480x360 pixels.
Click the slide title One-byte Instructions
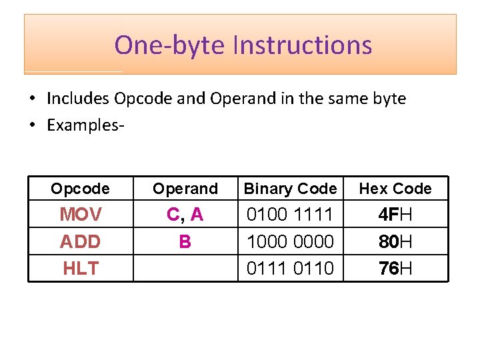[x=243, y=45]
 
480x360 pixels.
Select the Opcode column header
[x=80, y=189]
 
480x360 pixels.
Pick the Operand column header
[x=185, y=189]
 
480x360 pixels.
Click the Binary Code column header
[x=290, y=189]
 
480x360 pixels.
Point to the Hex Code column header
[x=395, y=189]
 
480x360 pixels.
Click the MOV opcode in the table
[x=81, y=215]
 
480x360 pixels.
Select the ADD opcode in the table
[x=80, y=241]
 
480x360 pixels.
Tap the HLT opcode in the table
[x=81, y=268]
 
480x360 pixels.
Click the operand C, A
[x=185, y=215]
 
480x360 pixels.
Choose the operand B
[x=185, y=241]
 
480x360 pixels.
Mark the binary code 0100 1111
[x=290, y=215]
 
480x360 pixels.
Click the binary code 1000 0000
[x=290, y=241]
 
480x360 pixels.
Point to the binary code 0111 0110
[x=290, y=268]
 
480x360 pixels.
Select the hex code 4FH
[x=395, y=215]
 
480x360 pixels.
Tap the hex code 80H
[x=395, y=241]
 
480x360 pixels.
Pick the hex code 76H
[x=395, y=268]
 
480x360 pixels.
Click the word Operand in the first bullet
[x=238, y=99]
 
